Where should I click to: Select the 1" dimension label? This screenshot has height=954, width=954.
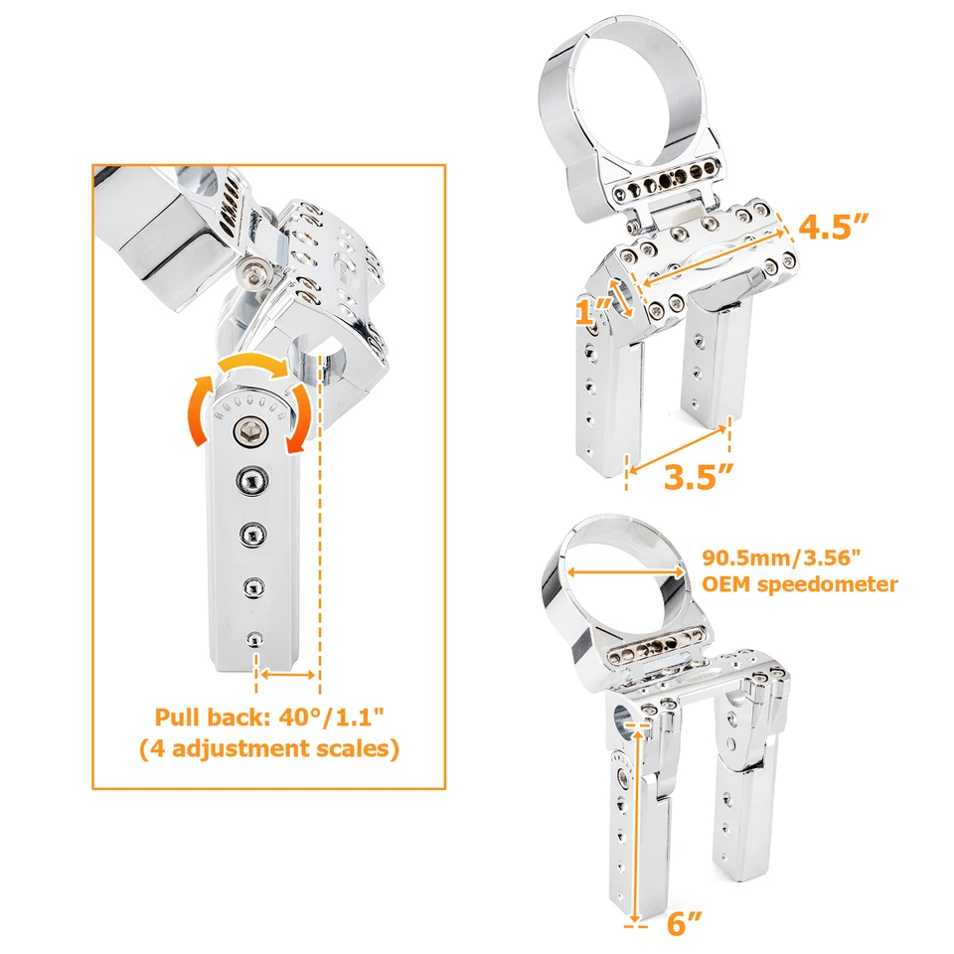588,312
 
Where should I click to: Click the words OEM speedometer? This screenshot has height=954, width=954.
800,583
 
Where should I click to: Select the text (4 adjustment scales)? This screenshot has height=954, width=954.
269,748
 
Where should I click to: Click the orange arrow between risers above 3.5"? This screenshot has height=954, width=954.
681,444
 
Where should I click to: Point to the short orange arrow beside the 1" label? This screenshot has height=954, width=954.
623,299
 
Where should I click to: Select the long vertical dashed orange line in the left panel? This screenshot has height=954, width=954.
320,517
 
